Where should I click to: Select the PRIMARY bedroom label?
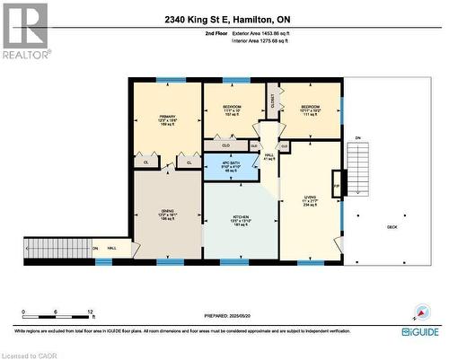pyautogui.click(x=167, y=119)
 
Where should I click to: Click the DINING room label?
pyautogui.click(x=167, y=215)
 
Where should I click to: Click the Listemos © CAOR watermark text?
pyautogui.click(x=27, y=355)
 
